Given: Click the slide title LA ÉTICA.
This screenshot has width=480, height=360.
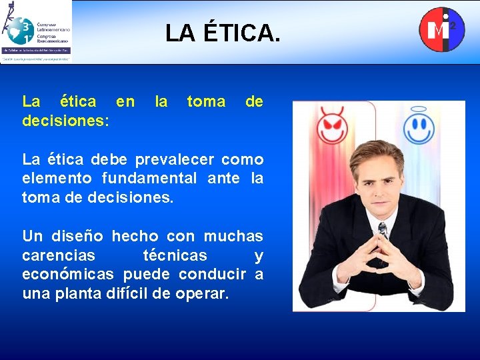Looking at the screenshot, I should [223, 32].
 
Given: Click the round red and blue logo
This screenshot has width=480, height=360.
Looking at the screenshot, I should [441, 29].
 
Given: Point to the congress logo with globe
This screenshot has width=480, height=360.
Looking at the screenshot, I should [36, 31].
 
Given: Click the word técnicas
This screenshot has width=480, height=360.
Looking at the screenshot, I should [175, 256].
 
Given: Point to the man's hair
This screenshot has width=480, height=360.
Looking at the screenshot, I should [377, 153].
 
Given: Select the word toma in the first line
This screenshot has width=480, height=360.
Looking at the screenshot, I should [206, 102].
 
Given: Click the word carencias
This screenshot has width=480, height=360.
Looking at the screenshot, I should [59, 256].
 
